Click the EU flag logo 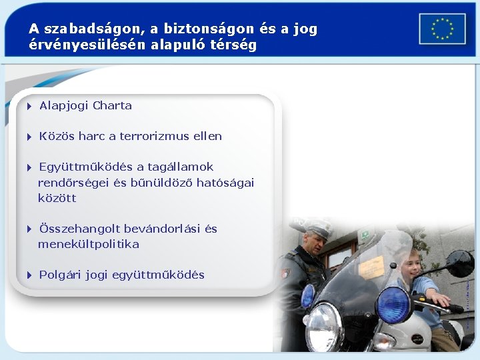pyautogui.click(x=442, y=29)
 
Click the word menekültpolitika pyautogui.click(x=89, y=244)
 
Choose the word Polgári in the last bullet pyautogui.click(x=60, y=275)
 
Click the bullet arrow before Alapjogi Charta pyautogui.click(x=30, y=106)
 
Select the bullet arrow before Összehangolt pyautogui.click(x=30, y=229)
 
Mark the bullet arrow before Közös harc pyautogui.click(x=30, y=137)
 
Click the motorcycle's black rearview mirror pyautogui.click(x=460, y=263)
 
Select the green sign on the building pyautogui.click(x=364, y=235)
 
